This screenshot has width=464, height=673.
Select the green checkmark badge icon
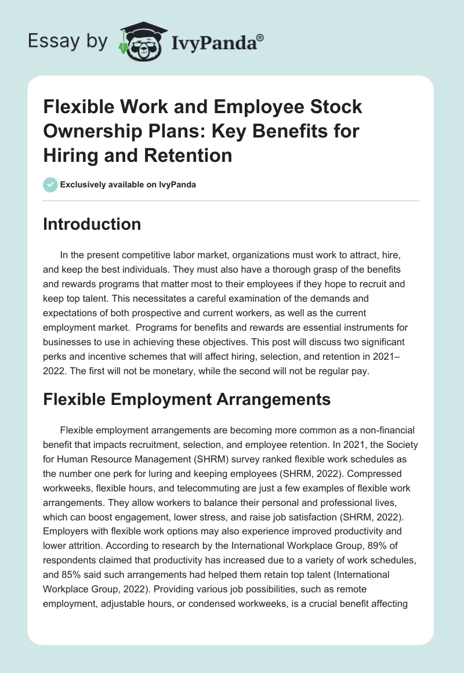pyautogui.click(x=50, y=185)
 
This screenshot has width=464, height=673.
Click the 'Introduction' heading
pyautogui.click(x=92, y=224)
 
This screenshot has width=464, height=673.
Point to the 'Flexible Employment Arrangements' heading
pyautogui.click(x=187, y=399)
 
